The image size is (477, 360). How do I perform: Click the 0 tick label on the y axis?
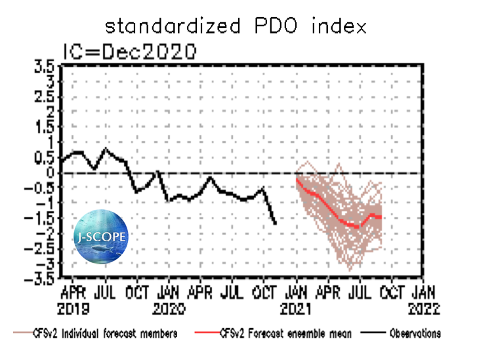pos(51,172)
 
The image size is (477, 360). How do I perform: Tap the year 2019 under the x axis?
pos(77,306)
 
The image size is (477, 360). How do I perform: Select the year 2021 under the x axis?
pos(296,306)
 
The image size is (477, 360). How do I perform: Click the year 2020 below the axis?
pos(169,306)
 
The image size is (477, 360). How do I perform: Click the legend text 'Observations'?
pos(415,334)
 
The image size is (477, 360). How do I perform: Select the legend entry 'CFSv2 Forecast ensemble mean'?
pos(286,334)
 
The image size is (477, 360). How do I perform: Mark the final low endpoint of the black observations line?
pos(275,224)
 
